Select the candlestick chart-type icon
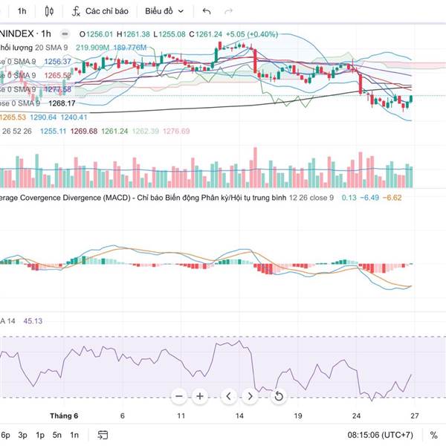[x=50, y=11]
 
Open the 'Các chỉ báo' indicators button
[x=100, y=11]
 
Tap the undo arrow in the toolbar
[x=207, y=11]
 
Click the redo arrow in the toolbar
[x=228, y=11]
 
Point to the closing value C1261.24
[x=205, y=34]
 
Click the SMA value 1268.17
[x=63, y=103]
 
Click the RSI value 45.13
[x=33, y=321]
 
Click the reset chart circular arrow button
[x=279, y=396]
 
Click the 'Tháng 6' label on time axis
[x=64, y=416]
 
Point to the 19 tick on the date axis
[x=297, y=416]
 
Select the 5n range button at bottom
[x=57, y=435]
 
